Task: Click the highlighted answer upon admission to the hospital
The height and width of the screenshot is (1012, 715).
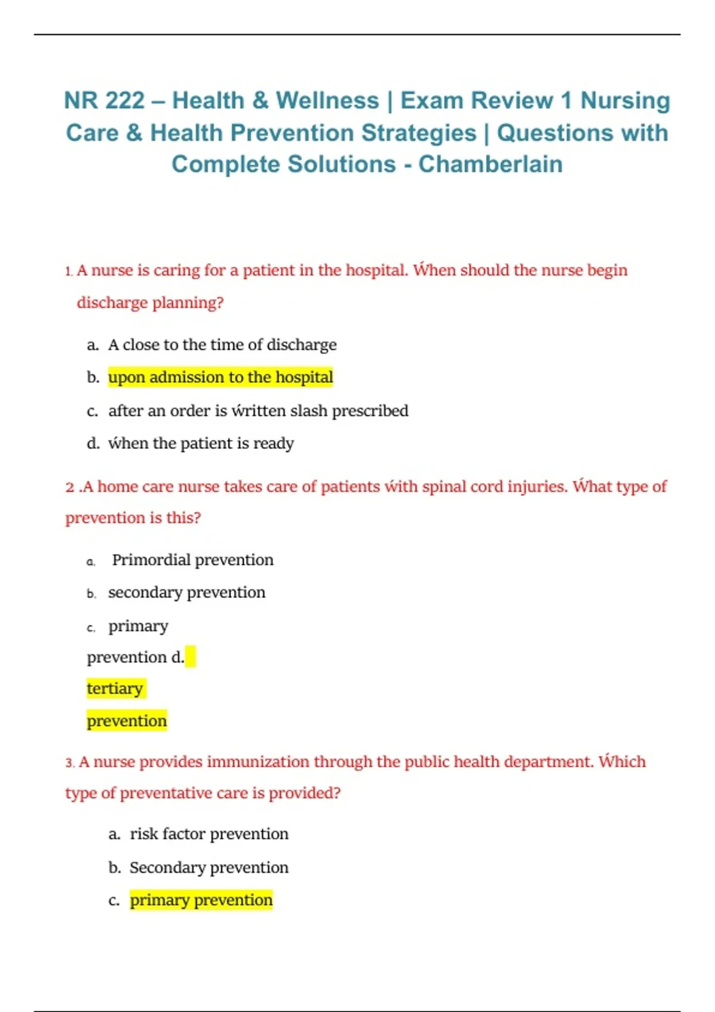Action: (220, 377)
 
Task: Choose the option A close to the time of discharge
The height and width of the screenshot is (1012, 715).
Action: (222, 345)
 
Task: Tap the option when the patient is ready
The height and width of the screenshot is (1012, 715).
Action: (201, 443)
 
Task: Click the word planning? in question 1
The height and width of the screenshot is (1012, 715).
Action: (188, 302)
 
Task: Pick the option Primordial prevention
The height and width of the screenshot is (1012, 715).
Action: (192, 560)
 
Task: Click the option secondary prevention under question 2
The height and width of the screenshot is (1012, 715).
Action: (186, 592)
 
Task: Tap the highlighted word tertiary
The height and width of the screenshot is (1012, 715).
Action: (115, 689)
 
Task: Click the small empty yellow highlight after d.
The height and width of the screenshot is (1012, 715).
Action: (190, 657)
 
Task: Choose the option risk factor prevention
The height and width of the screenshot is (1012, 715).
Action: (209, 834)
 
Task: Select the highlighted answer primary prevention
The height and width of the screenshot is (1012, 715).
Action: (201, 900)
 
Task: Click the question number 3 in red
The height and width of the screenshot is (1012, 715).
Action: (69, 763)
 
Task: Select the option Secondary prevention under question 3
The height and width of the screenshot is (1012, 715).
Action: (209, 867)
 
